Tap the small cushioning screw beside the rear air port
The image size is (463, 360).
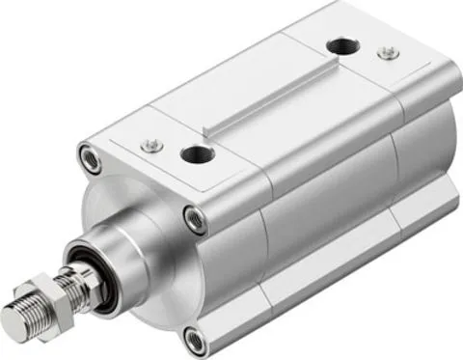pyautogui.click(x=387, y=52)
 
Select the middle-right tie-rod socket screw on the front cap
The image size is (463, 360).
pyautogui.click(x=195, y=218)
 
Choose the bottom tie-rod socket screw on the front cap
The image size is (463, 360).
pyautogui.click(x=196, y=338)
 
